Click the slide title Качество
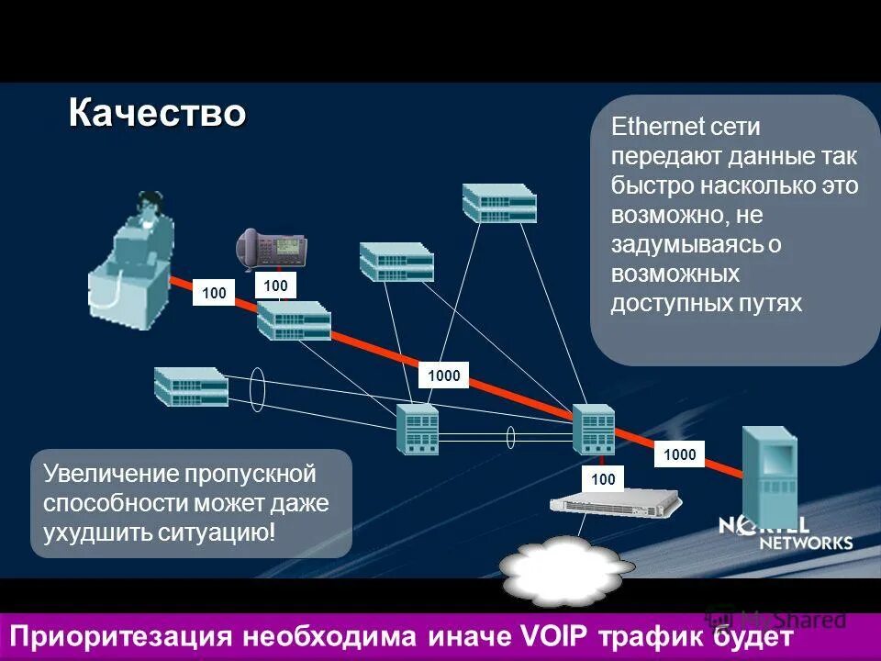click(157, 114)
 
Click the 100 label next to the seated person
click(214, 293)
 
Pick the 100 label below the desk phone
click(275, 286)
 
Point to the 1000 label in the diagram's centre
click(444, 375)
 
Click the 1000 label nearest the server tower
click(680, 454)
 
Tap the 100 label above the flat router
click(603, 479)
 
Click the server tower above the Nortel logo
click(769, 473)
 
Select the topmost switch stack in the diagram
click(499, 202)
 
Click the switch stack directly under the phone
click(294, 320)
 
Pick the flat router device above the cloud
click(616, 502)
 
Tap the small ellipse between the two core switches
click(511, 437)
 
